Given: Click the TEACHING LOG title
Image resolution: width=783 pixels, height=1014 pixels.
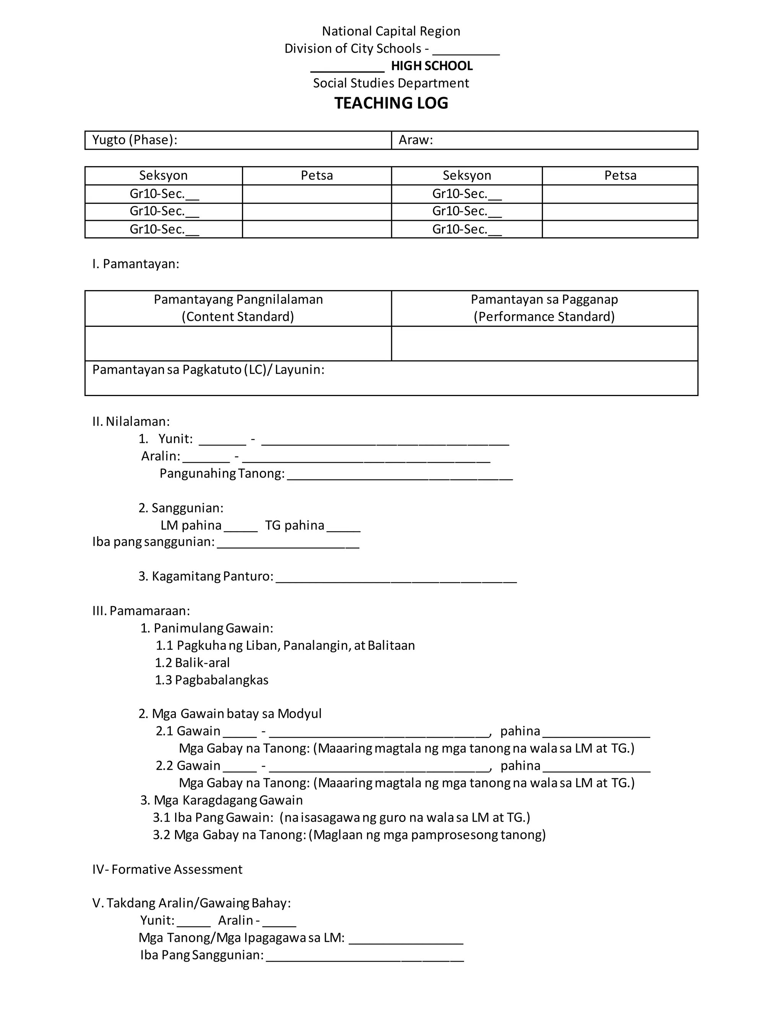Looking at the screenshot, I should [391, 103].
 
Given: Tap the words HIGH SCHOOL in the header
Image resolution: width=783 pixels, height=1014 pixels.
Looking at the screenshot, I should [431, 66].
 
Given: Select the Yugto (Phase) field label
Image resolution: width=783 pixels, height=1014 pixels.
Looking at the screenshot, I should [135, 140].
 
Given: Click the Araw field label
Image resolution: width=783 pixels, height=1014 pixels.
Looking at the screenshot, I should [416, 140].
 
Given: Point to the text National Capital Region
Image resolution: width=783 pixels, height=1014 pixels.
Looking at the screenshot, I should [391, 31].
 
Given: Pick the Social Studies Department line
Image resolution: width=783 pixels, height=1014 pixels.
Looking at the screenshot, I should [391, 83].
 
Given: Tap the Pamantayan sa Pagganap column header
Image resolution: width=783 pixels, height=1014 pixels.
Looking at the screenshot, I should [544, 308].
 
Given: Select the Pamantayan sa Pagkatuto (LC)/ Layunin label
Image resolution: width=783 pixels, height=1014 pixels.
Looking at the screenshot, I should [208, 370].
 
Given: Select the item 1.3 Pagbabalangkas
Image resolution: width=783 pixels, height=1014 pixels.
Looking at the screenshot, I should [211, 680].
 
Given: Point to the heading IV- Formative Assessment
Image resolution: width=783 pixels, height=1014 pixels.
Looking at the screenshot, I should [167, 870].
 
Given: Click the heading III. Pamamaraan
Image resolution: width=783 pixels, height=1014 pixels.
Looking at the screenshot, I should [141, 611].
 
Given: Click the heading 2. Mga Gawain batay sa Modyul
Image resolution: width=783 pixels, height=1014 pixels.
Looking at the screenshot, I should [230, 714].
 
